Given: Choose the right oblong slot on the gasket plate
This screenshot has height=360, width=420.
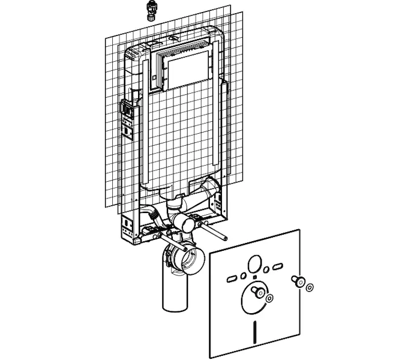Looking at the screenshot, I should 278,264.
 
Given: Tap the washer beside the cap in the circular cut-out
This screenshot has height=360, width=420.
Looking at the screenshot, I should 269,298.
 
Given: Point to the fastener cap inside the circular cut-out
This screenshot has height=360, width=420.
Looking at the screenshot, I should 259,292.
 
